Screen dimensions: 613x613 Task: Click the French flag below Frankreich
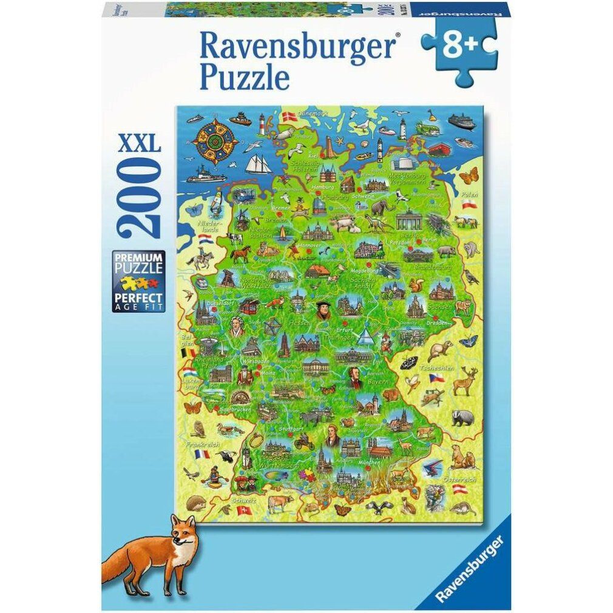[202, 453]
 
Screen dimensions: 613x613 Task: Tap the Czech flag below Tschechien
[435, 378]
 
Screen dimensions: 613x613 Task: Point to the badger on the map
[459, 418]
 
